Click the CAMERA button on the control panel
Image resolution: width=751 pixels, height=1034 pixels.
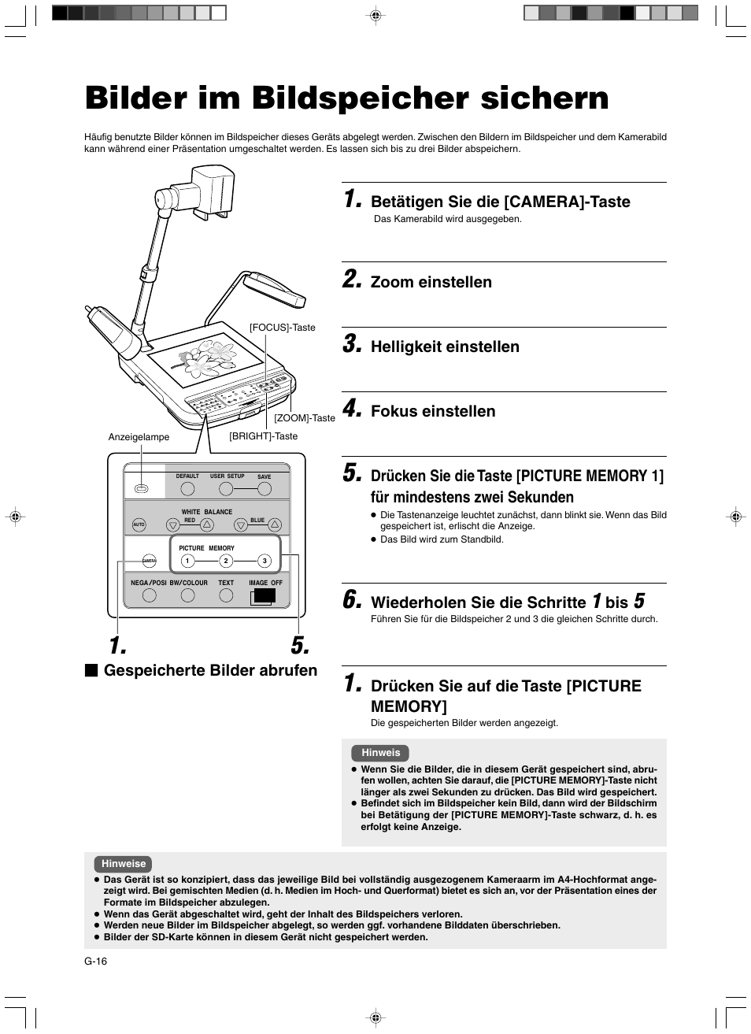[x=149, y=561]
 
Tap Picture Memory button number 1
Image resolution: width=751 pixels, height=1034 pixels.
[x=187, y=561]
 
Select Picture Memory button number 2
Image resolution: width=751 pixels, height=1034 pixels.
[x=226, y=561]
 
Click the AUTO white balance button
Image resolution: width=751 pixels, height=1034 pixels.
[x=139, y=524]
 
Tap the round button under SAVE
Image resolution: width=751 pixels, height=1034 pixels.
[x=265, y=489]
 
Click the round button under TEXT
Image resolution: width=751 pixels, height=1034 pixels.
[x=226, y=595]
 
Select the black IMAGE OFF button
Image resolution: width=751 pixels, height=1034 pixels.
[x=265, y=595]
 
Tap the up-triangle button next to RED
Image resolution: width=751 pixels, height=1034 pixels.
[x=206, y=524]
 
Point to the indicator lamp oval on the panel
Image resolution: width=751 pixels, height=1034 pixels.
[x=142, y=489]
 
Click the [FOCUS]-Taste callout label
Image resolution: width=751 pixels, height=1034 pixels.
[x=283, y=328]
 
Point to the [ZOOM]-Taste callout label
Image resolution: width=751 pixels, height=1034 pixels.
[x=305, y=418]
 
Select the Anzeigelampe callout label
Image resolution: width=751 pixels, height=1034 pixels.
[x=139, y=437]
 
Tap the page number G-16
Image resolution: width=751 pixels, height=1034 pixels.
[x=95, y=961]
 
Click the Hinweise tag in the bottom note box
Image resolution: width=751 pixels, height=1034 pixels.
[x=123, y=864]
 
